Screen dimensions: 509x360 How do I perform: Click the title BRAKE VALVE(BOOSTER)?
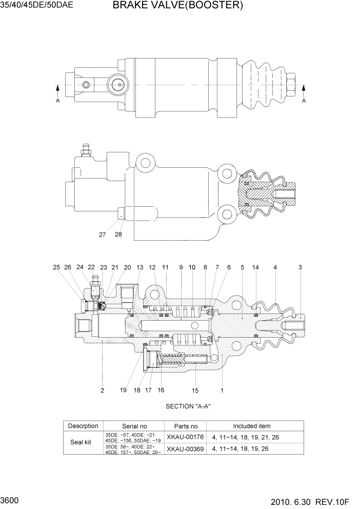pyautogui.click(x=177, y=6)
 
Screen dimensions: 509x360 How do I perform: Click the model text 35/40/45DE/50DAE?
pyautogui.click(x=37, y=6)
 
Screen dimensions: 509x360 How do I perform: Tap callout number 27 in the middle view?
pyautogui.click(x=103, y=234)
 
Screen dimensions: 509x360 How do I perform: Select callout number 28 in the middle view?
pyautogui.click(x=118, y=234)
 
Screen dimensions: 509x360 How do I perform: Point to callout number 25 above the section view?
pyautogui.click(x=56, y=267)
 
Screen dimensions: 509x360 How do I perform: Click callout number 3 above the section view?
pyautogui.click(x=300, y=267)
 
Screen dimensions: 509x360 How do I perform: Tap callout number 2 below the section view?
pyautogui.click(x=102, y=390)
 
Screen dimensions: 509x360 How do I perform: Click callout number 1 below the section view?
pyautogui.click(x=222, y=390)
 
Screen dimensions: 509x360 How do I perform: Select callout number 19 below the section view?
pyautogui.click(x=123, y=390)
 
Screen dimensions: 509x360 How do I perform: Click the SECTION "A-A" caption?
pyautogui.click(x=188, y=406)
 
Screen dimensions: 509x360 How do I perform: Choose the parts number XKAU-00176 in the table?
pyautogui.click(x=185, y=437)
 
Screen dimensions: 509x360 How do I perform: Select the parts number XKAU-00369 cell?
pyautogui.click(x=185, y=449)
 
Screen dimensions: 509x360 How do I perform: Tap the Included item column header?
pyautogui.click(x=251, y=426)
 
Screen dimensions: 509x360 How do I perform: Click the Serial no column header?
pyautogui.click(x=134, y=426)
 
